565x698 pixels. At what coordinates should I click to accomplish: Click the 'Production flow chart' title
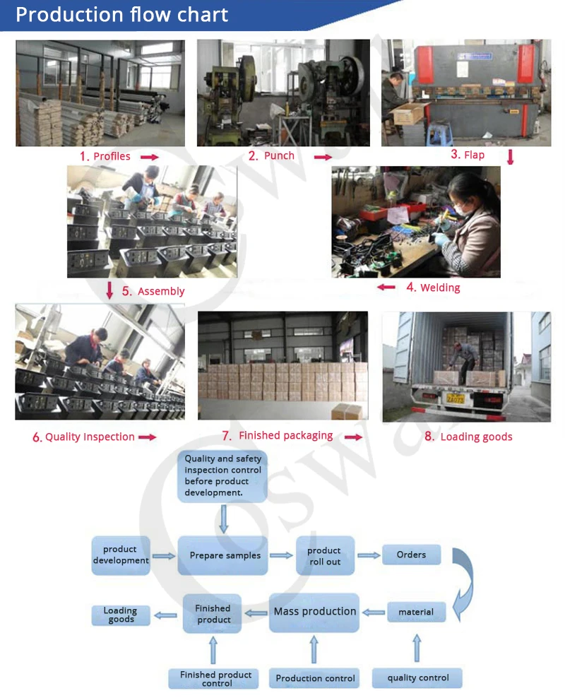[x=121, y=14]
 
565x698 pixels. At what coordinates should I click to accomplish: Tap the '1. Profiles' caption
[x=105, y=156]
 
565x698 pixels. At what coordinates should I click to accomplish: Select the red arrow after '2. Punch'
[x=323, y=157]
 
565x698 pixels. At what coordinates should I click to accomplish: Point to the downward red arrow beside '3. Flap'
[x=511, y=157]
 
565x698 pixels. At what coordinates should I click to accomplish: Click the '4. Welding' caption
[x=434, y=288]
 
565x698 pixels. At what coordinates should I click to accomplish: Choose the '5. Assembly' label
[x=153, y=291]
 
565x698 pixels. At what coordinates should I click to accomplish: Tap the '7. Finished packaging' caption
[x=277, y=435]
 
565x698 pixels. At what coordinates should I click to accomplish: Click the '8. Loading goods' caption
[x=468, y=437]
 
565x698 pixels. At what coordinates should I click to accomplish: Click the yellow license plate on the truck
[x=455, y=398]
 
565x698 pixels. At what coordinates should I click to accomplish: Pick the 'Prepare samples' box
[x=223, y=555]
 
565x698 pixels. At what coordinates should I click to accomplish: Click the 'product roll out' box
[x=325, y=555]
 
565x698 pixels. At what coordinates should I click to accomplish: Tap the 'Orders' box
[x=412, y=555]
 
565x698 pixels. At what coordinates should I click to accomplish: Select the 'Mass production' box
[x=314, y=612]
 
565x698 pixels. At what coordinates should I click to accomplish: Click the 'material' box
[x=416, y=612]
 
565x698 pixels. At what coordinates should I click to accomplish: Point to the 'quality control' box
[x=417, y=678]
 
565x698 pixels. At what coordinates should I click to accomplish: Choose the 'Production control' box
[x=314, y=678]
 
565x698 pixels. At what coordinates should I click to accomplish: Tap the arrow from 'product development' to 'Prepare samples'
[x=164, y=556]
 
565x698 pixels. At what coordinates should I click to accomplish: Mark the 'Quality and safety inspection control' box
[x=222, y=476]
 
